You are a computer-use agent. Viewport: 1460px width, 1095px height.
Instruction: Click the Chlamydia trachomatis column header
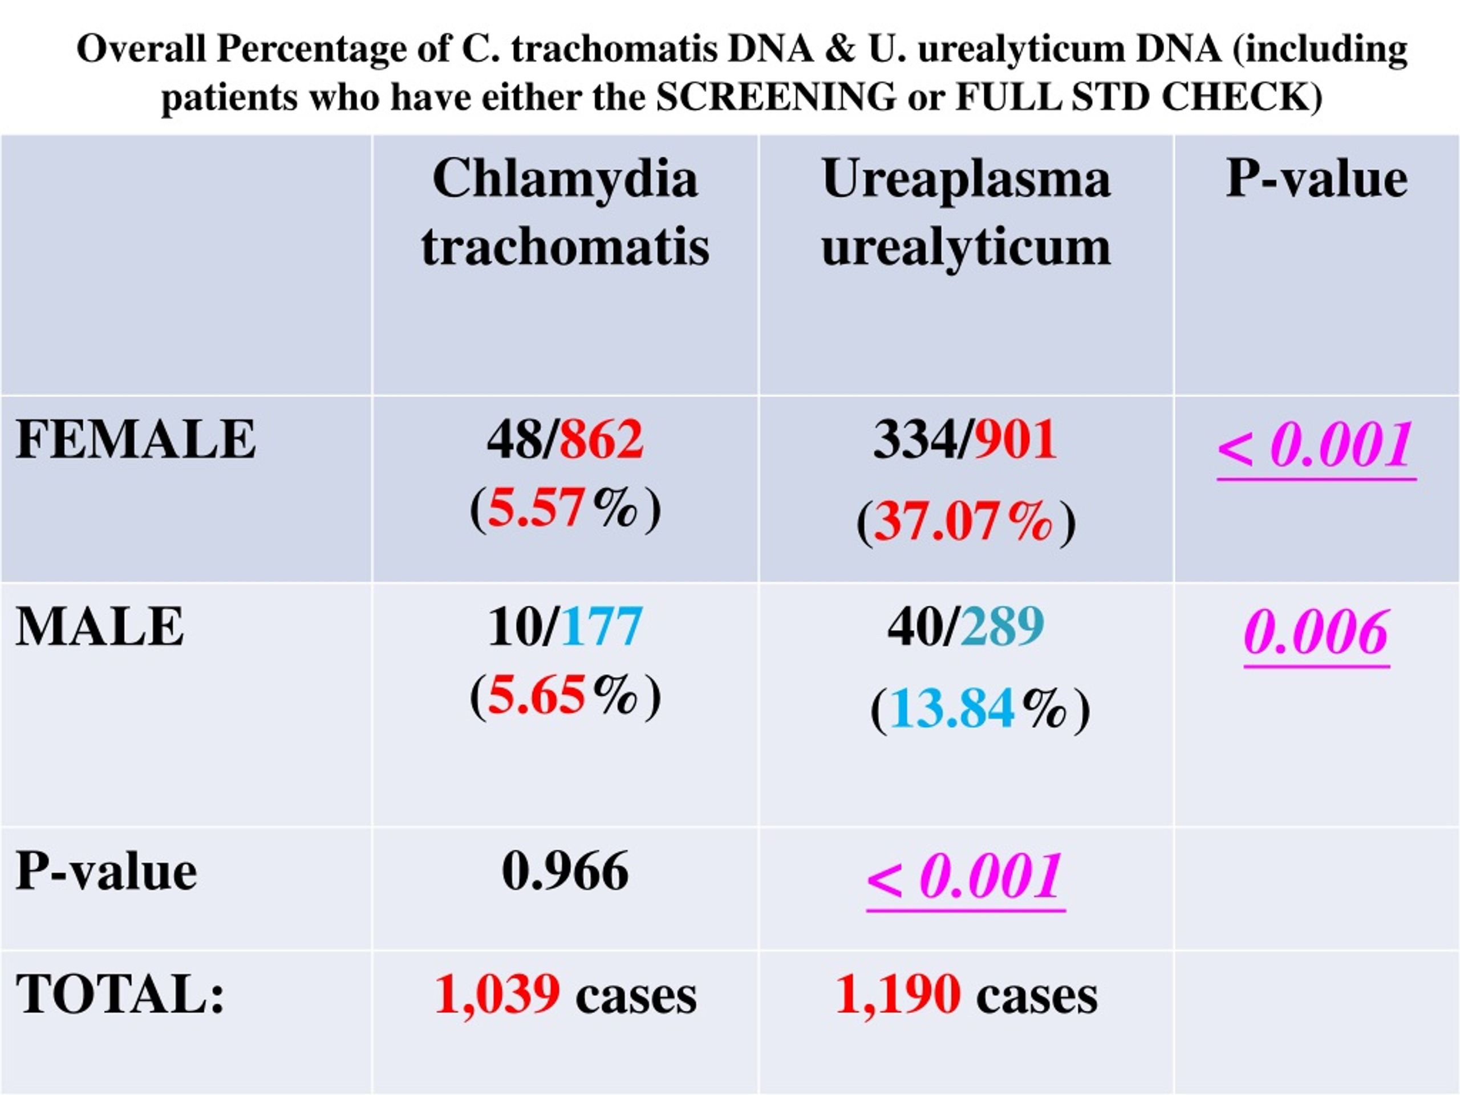point(565,213)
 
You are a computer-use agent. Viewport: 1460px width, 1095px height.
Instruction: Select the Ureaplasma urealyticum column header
point(966,213)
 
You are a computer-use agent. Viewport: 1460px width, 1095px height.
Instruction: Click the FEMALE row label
point(135,440)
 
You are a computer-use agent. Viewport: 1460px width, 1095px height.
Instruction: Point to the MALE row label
point(100,627)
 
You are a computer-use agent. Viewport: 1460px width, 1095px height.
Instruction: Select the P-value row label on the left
point(106,871)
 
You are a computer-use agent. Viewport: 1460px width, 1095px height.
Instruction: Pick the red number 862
point(601,440)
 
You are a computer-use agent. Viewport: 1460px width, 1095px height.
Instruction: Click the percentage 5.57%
point(563,508)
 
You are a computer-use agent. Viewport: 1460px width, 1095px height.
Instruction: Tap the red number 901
point(1016,440)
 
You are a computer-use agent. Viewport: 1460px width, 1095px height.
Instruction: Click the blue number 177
point(601,627)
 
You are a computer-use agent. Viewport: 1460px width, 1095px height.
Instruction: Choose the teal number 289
point(1003,627)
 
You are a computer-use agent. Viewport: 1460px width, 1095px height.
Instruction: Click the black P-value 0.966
point(565,871)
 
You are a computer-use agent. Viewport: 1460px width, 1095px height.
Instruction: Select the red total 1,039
point(498,995)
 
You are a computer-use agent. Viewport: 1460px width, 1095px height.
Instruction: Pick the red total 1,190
point(898,995)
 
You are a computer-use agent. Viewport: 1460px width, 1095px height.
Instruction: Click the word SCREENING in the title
point(777,97)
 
